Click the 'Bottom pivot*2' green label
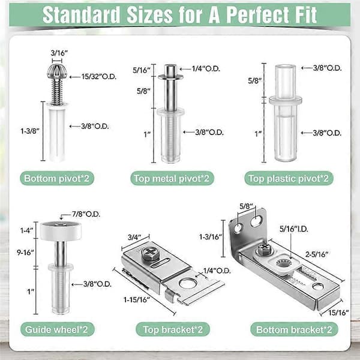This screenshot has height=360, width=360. click(x=57, y=178)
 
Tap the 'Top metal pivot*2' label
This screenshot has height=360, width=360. click(x=172, y=179)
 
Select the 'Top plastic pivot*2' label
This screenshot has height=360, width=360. click(x=289, y=179)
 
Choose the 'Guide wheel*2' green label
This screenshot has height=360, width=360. click(x=57, y=329)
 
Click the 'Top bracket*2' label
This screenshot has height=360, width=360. click(x=173, y=329)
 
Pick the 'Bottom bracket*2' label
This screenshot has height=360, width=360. click(x=294, y=329)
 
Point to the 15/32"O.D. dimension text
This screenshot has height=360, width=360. click(x=99, y=77)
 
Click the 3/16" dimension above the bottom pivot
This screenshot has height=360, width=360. click(x=59, y=53)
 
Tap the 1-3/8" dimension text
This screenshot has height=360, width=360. click(x=30, y=131)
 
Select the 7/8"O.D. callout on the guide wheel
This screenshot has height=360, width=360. click(x=86, y=214)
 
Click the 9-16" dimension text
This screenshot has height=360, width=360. click(x=25, y=253)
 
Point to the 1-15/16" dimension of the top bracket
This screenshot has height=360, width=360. click(x=137, y=299)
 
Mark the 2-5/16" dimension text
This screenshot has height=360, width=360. click(x=317, y=254)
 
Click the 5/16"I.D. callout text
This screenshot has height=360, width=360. click(x=294, y=229)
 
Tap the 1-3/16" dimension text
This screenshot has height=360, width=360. click(x=211, y=237)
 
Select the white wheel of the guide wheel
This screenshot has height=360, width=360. click(x=61, y=230)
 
